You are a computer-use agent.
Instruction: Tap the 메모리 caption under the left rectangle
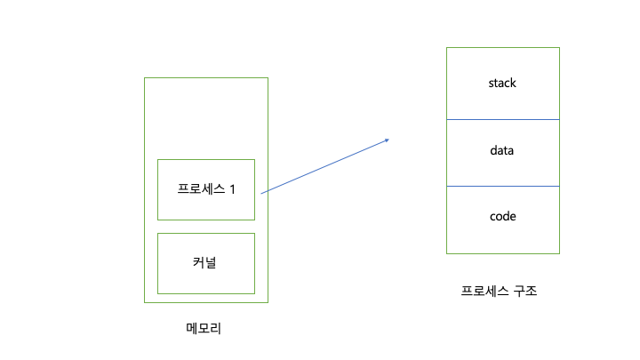point(204,329)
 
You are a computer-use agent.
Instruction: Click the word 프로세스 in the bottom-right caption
point(484,291)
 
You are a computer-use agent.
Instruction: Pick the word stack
point(502,84)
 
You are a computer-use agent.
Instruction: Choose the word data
point(502,151)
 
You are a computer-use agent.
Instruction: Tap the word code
point(502,217)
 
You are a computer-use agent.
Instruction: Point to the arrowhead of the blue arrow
point(388,139)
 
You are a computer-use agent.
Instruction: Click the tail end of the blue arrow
point(262,192)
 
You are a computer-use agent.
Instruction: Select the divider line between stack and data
point(502,119)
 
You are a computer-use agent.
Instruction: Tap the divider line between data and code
point(502,186)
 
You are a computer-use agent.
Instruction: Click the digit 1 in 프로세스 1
point(233,189)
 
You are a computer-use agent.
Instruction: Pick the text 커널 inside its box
point(206,263)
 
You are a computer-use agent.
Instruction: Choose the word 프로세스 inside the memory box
point(200,189)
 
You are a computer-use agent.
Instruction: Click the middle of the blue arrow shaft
point(324,165)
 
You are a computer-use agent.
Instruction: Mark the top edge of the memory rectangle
point(206,77)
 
